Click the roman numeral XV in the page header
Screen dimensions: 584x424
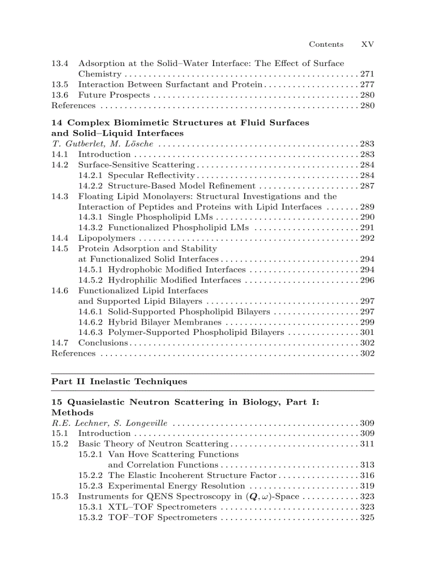(367, 45)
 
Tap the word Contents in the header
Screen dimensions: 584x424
(326, 45)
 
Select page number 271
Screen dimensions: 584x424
(367, 74)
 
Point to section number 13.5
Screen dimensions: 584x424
(60, 85)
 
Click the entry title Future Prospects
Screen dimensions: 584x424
(114, 95)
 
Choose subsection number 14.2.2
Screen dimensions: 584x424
(91, 186)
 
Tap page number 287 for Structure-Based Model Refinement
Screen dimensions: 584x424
(367, 186)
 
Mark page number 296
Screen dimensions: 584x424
(367, 280)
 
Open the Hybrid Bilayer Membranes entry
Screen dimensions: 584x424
(164, 322)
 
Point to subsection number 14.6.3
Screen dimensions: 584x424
(91, 333)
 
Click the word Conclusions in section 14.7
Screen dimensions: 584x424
(103, 343)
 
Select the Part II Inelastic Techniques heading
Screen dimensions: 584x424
(119, 382)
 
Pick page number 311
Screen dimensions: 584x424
(367, 444)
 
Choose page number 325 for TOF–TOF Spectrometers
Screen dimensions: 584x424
(367, 518)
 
